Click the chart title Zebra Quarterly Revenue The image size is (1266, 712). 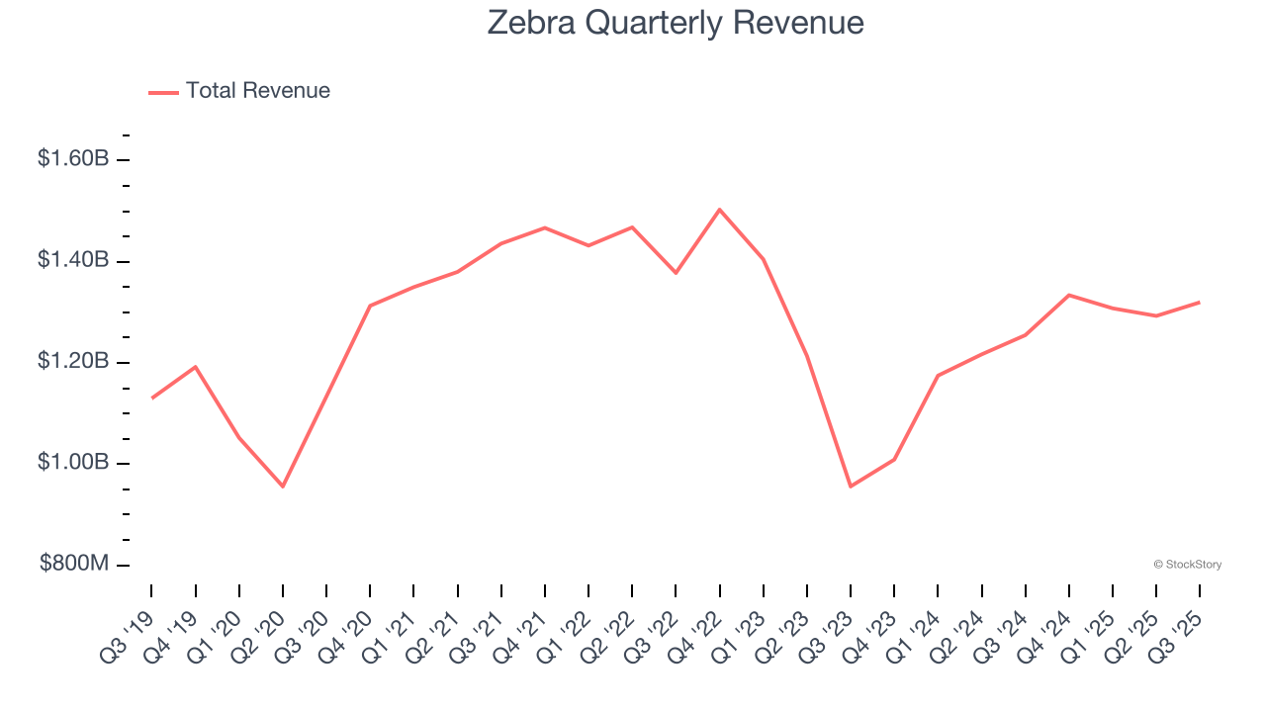tap(676, 23)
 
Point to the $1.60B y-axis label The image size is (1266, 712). tap(73, 158)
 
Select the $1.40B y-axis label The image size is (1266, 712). tap(73, 260)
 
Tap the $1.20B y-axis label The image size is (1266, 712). tap(73, 361)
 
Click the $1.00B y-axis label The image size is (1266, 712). tap(73, 463)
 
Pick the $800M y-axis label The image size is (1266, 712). tap(74, 564)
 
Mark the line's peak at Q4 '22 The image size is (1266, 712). tap(719, 210)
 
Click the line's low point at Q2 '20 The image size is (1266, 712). tap(283, 487)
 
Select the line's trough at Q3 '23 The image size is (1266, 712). tap(851, 487)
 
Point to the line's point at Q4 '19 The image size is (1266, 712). tap(195, 367)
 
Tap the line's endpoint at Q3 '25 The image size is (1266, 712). tap(1200, 302)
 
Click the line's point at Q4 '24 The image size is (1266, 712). tap(1069, 295)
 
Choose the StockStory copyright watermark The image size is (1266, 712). tap(1187, 565)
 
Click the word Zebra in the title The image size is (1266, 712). tap(531, 23)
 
